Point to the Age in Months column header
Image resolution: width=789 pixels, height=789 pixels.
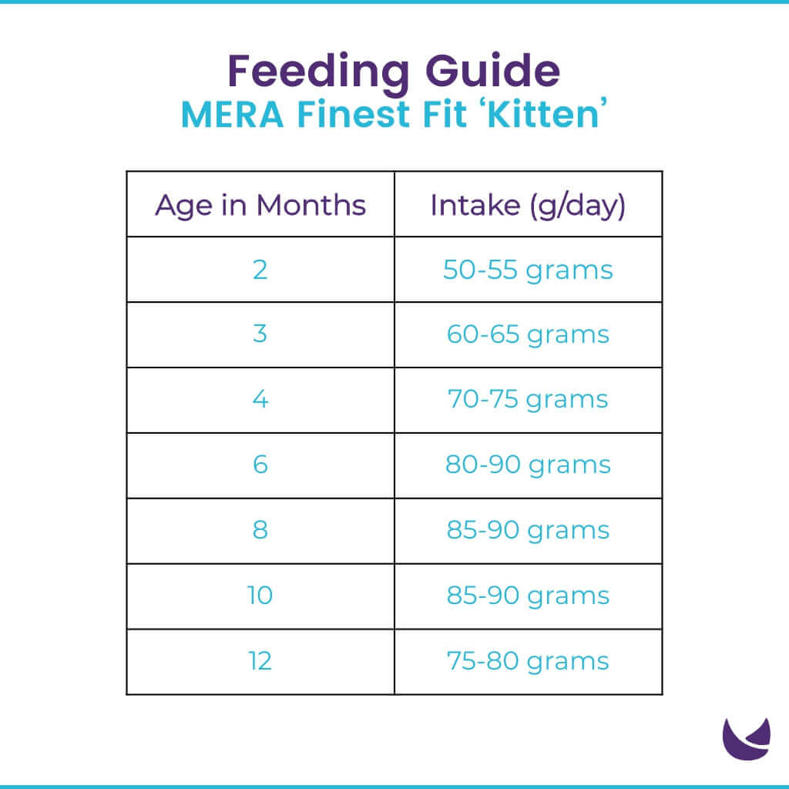point(260,206)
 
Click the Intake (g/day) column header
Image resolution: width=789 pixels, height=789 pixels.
point(528,206)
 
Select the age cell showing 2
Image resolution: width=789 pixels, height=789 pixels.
point(260,270)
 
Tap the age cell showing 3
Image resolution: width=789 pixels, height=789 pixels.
point(260,335)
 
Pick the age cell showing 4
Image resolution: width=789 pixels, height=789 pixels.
point(260,400)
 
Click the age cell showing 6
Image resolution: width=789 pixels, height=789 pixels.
point(260,465)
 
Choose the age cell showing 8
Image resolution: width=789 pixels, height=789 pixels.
point(260,530)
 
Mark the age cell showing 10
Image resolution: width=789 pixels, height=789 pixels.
point(260,596)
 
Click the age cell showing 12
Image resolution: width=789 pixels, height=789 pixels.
point(260,661)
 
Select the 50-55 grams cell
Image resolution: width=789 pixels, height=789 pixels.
point(528,270)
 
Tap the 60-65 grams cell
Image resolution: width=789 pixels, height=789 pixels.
point(528,335)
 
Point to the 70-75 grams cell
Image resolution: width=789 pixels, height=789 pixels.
point(528,400)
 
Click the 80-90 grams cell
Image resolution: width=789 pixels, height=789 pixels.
point(528,465)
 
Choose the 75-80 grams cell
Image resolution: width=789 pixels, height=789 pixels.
point(528,661)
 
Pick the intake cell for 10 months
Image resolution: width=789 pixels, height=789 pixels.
point(528,596)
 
